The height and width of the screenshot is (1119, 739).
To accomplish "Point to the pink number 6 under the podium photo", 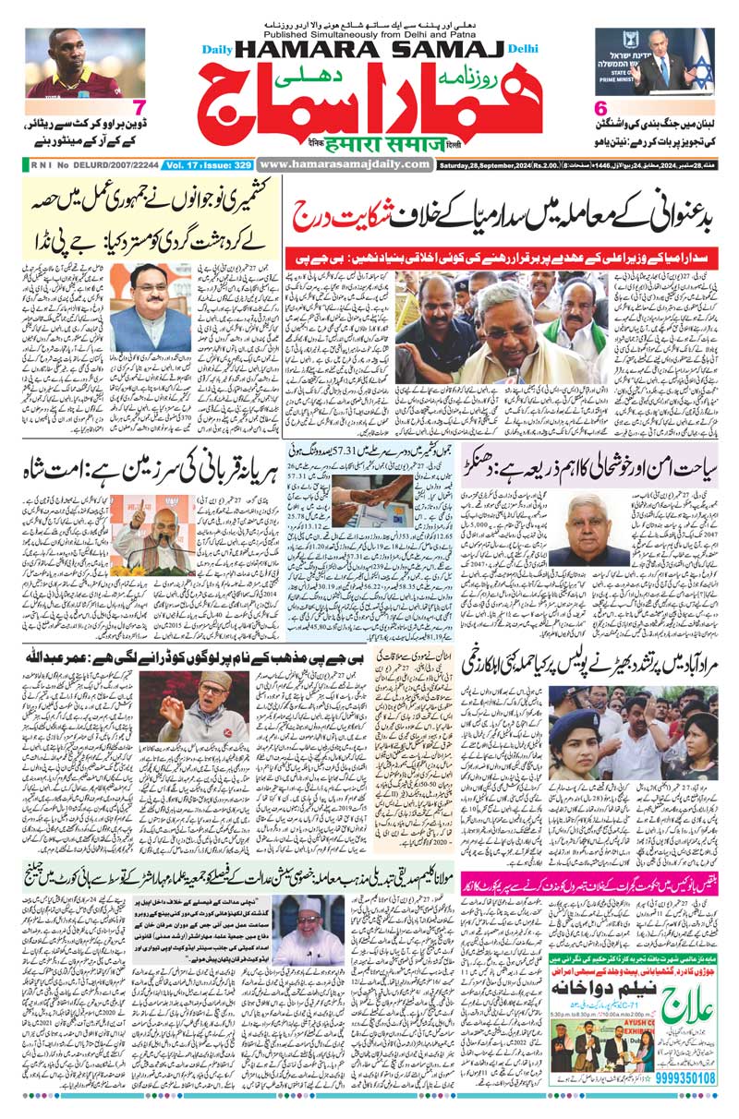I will (600, 109).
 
